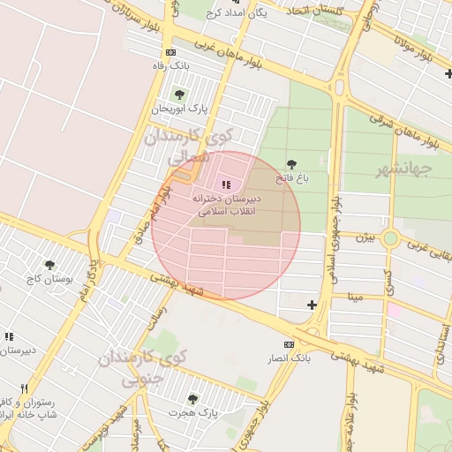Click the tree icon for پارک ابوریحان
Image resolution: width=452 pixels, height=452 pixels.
click(180, 94)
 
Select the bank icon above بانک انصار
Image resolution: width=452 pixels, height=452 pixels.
click(289, 344)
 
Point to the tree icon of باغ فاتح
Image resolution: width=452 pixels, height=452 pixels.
click(292, 164)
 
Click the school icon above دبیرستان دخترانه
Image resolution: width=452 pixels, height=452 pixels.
click(226, 185)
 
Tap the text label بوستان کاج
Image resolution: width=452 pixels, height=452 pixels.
click(49, 279)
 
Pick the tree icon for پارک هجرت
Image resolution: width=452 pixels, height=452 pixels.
click(192, 399)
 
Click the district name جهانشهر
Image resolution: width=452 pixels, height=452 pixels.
click(403, 169)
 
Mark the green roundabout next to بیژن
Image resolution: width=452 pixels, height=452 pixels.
click(390, 238)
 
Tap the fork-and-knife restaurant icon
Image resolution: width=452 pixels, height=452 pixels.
click(24, 388)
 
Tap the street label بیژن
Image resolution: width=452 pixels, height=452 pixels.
click(365, 237)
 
